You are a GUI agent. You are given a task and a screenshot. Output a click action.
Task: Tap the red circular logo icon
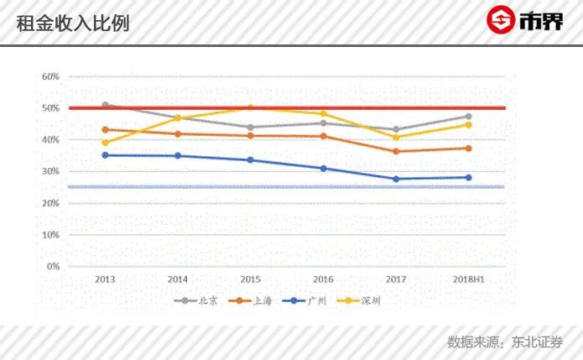coord(502,20)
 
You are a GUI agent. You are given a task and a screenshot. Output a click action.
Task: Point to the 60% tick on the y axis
coord(50,77)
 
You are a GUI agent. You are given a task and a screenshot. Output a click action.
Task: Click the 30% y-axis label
coord(50,172)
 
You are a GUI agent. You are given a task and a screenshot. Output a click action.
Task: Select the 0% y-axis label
coord(52,267)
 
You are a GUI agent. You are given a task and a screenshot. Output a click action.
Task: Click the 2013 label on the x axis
coord(105,279)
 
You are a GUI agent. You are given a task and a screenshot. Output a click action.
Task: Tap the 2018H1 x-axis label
coord(468,279)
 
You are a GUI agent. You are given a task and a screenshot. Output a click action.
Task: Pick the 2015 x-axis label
coord(250,279)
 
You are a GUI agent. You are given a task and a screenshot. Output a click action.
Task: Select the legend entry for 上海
coord(255,300)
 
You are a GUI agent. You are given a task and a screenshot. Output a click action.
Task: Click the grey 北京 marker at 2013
coord(105,105)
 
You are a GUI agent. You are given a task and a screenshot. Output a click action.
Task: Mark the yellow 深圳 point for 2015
coord(250,107)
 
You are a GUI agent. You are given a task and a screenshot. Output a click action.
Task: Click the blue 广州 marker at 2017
coord(396,179)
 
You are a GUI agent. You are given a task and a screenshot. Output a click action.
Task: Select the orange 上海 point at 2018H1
coord(468,149)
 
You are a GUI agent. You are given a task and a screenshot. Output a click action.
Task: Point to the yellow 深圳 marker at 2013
coord(105,143)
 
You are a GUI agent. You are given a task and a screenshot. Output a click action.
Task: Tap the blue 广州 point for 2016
coord(323,169)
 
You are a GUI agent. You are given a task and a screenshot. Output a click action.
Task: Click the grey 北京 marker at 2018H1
coord(468,117)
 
